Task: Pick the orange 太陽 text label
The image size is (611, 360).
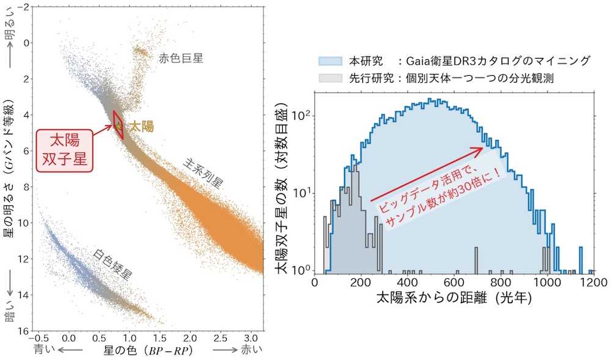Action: pos(141,127)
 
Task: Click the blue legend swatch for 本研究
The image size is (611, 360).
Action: pos(331,61)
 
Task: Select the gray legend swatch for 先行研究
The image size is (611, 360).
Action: pos(331,78)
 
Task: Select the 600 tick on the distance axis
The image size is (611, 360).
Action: pos(454,283)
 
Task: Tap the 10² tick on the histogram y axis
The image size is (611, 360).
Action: pos(301,114)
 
